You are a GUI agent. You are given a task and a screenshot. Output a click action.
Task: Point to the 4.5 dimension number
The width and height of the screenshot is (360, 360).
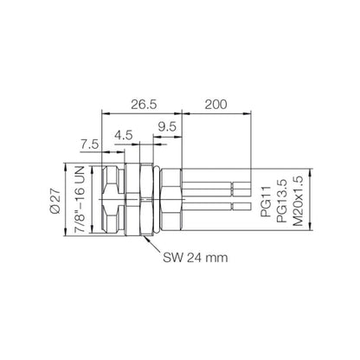pos(125,135)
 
